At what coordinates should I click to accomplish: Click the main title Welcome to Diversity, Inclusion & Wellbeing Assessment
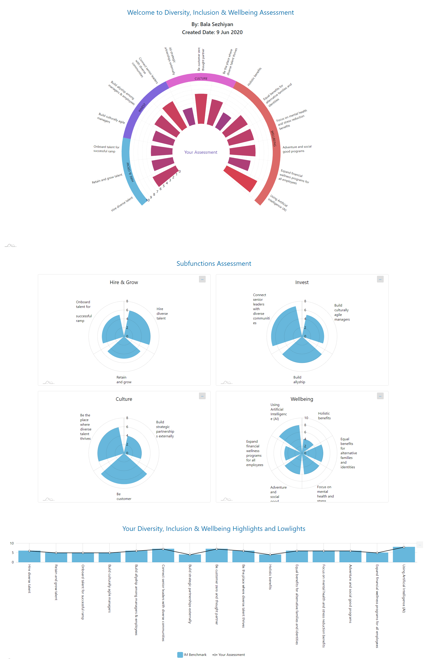tap(210, 12)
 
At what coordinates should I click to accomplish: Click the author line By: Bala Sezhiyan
tap(212, 24)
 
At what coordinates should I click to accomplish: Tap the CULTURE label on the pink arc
tap(201, 79)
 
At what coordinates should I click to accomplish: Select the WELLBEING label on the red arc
tap(273, 138)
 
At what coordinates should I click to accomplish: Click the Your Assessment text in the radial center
tap(201, 152)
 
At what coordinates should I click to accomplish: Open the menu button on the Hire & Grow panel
tap(202, 279)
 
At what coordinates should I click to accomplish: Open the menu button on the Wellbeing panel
tap(380, 396)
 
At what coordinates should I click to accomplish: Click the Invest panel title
tap(302, 282)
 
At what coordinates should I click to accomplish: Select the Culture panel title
tap(124, 399)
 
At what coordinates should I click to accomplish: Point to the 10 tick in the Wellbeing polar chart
tap(306, 418)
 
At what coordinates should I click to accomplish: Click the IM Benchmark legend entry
tap(192, 655)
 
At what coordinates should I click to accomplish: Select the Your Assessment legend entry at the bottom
tap(229, 655)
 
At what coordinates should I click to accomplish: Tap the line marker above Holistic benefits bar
tap(270, 555)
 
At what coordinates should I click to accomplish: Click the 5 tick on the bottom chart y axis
tap(12, 553)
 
